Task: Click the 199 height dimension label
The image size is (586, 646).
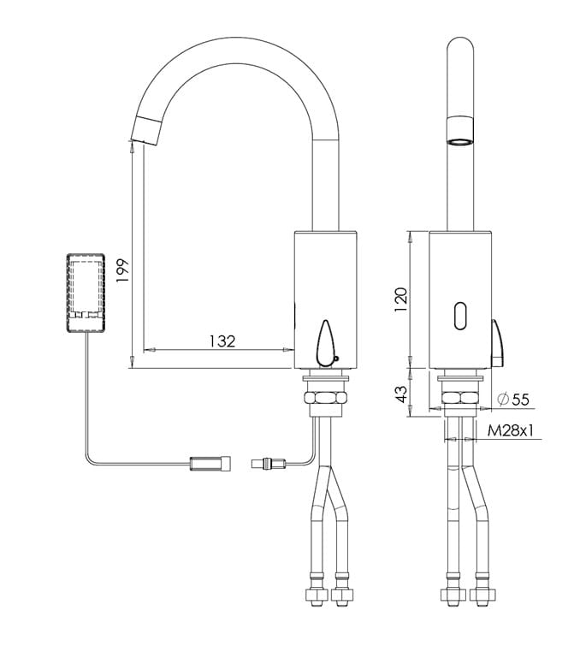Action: point(122,270)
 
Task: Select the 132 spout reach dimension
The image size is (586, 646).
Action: point(222,341)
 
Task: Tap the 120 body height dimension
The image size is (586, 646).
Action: point(400,299)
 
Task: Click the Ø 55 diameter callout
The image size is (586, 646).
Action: point(512,399)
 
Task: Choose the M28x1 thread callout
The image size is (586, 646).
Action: point(511,431)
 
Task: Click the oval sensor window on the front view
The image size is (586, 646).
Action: point(460,316)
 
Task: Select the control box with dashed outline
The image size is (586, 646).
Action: point(86,293)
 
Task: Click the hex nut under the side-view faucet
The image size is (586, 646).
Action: point(325,398)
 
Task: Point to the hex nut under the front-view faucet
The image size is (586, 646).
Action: point(460,398)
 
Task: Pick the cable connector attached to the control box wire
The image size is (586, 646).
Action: point(210,464)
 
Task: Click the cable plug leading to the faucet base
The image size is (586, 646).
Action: point(269,464)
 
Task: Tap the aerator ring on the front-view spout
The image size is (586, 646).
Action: point(460,131)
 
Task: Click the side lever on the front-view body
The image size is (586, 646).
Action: point(497,343)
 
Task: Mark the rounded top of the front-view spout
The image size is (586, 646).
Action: point(460,45)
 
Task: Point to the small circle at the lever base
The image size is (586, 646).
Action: point(336,359)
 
